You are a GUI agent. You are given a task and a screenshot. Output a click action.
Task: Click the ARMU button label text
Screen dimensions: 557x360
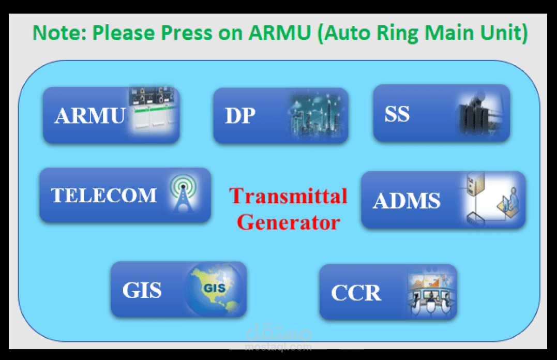tap(90, 115)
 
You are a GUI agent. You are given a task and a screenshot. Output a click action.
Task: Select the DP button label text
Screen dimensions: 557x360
tap(240, 115)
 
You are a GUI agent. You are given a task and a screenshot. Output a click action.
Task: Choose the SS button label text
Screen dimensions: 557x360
tap(397, 114)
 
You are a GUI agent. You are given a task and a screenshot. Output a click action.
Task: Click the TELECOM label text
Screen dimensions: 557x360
tap(104, 196)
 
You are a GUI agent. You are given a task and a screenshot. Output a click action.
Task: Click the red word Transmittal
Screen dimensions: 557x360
tap(288, 196)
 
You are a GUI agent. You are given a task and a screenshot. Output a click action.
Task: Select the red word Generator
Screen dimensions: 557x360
tap(289, 222)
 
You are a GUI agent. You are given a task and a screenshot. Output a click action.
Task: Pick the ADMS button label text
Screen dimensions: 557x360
tap(407, 201)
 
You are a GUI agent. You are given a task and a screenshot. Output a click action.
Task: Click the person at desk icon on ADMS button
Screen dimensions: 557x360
tap(509, 203)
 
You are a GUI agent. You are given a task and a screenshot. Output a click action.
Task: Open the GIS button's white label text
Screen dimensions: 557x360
tap(142, 290)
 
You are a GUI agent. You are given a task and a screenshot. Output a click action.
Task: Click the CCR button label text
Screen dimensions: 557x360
tap(356, 293)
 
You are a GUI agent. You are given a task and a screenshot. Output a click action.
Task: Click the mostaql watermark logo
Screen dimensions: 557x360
tap(278, 336)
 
